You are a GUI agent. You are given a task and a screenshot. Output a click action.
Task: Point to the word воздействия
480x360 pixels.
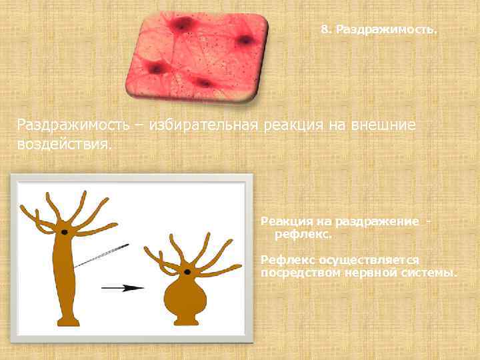[64, 144]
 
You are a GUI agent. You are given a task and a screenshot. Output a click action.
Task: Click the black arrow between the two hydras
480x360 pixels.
[123, 288]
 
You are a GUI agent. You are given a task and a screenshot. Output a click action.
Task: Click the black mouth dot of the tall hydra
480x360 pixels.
[65, 231]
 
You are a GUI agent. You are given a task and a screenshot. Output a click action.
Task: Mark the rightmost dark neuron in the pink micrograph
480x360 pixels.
[245, 40]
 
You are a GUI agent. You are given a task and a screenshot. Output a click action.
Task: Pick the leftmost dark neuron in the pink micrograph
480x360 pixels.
[156, 68]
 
